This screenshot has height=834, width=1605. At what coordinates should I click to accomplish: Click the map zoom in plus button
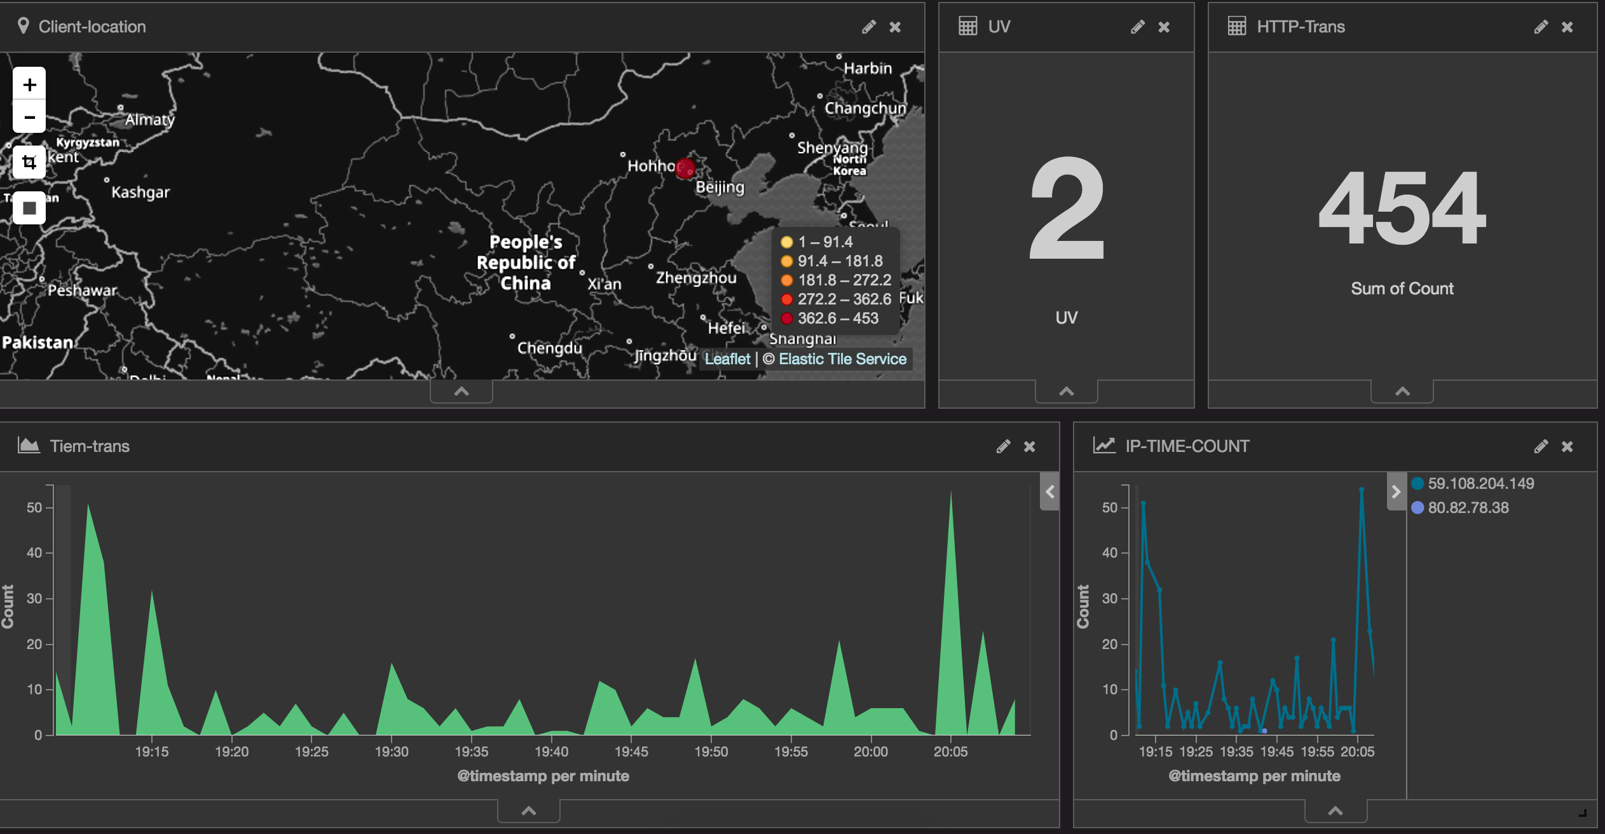29,85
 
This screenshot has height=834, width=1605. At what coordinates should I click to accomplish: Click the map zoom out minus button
29,118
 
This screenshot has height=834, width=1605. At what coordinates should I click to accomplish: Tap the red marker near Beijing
685,168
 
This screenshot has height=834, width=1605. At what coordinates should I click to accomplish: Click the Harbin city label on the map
868,68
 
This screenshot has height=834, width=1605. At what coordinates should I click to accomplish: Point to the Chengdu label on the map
549,348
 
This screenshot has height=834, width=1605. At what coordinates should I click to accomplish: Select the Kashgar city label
140,192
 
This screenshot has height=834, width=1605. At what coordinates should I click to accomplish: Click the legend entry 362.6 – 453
838,318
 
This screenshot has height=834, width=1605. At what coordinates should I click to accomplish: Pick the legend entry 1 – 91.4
825,242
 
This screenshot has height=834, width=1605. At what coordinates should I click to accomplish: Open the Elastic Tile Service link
842,359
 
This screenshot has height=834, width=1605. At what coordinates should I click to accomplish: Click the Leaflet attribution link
727,359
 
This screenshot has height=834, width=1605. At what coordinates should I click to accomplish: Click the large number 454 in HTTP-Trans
1402,208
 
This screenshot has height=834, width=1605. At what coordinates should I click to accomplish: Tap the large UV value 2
1066,208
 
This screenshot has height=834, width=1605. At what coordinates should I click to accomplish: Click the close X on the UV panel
1164,27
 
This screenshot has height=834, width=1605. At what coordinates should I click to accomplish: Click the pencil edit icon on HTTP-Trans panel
1540,27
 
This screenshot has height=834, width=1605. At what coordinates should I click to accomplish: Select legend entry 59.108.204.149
1480,484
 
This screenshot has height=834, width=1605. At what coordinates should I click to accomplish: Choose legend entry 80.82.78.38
1468,508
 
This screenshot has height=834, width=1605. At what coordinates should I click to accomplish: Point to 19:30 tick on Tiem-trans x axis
392,751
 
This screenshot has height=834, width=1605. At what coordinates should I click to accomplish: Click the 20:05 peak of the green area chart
951,493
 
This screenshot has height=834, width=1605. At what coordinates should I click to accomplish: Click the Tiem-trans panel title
90,446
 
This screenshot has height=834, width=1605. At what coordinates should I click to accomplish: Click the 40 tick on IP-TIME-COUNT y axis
1109,553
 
